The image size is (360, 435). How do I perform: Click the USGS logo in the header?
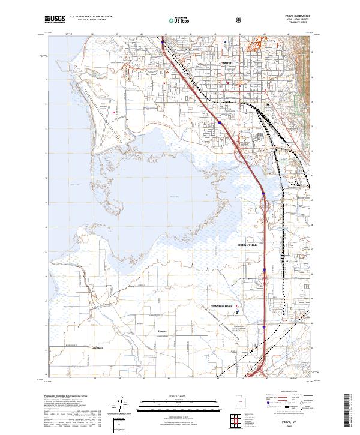(55, 19)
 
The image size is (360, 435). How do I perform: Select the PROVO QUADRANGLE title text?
(277, 17)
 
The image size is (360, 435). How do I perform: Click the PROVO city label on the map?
(227, 62)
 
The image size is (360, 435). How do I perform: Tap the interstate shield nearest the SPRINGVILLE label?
(265, 271)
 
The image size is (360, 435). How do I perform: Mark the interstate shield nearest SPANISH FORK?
(264, 327)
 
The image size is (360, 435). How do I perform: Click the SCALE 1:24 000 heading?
(179, 396)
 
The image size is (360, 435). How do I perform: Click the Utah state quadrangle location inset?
(240, 400)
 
